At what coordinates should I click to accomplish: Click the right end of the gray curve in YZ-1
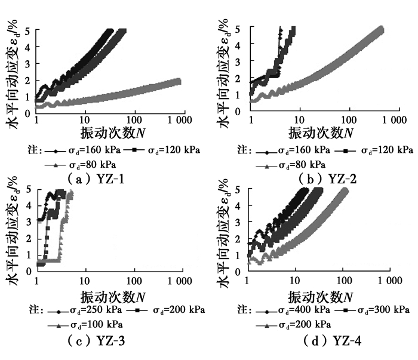(177, 81)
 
